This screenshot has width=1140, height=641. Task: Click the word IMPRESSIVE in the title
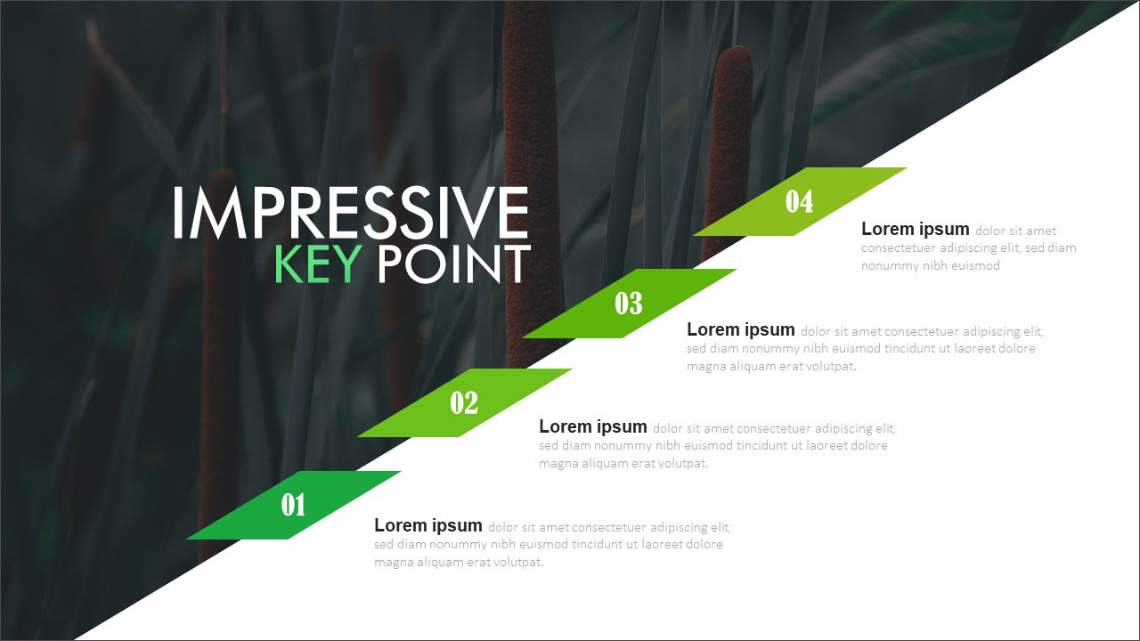click(x=351, y=212)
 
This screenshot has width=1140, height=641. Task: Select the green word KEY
click(x=319, y=264)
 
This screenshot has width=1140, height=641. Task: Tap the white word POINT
click(x=454, y=264)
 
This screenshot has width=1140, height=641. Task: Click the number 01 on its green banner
click(x=293, y=505)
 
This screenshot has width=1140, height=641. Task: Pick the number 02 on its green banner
click(x=464, y=403)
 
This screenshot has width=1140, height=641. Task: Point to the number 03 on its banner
click(x=629, y=304)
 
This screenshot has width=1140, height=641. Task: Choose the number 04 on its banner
click(x=799, y=201)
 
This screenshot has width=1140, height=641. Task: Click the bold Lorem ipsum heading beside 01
click(x=428, y=525)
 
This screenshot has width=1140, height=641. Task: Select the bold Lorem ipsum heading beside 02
click(x=593, y=426)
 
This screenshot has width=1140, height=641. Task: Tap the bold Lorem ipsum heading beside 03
click(x=740, y=329)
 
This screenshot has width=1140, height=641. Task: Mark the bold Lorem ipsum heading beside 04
click(x=915, y=229)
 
